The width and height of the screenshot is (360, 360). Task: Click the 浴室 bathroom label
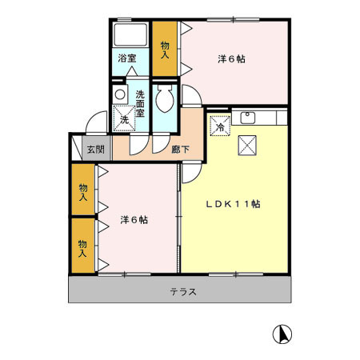128,58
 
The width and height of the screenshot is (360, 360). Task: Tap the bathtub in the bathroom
130,36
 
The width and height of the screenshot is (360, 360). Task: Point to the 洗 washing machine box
123,119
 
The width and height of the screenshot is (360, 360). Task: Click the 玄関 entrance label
95,148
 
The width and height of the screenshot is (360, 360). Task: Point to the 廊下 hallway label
181,148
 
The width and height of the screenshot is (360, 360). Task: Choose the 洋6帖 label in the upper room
231,58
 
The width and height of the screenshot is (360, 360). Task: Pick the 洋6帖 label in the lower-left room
134,219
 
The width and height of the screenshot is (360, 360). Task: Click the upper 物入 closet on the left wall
82,190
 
